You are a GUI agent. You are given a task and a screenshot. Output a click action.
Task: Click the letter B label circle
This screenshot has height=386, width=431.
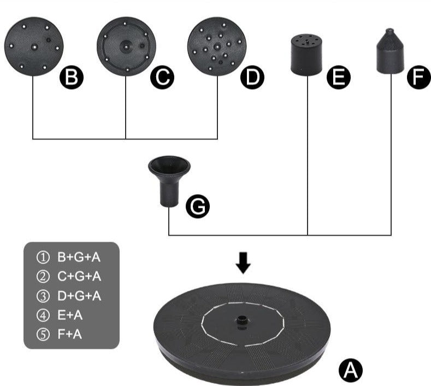coord(72,77)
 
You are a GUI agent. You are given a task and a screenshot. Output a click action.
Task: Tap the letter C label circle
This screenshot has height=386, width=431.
coord(162,77)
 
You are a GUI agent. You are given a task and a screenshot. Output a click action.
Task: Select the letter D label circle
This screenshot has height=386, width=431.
coord(252,77)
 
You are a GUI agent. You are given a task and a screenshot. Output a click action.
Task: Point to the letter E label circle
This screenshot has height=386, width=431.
coord(339,77)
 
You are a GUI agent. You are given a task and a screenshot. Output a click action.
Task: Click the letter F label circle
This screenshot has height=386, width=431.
coord(419,77)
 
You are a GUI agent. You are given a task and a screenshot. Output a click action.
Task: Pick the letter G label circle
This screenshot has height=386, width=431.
coord(198,206)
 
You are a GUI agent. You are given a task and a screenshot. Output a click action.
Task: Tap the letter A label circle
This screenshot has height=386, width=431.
coord(351,370)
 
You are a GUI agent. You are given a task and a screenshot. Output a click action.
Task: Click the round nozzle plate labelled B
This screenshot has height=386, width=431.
coord(34,46)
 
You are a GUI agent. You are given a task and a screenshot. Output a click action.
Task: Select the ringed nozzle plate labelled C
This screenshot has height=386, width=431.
coord(126,46)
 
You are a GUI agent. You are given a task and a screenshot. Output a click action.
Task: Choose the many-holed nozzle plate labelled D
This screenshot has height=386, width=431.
coord(217,46)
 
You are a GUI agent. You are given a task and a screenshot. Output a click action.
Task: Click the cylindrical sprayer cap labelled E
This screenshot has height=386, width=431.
coord(306,55)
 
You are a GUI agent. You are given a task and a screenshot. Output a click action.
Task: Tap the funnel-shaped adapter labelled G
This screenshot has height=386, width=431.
coord(169,182)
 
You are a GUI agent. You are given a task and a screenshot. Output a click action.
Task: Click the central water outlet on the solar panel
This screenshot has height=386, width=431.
coord(241,321)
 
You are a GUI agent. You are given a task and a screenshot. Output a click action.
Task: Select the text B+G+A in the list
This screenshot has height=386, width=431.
coord(79,257)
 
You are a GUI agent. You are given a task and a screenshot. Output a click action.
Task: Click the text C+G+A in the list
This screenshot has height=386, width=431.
coord(79,276)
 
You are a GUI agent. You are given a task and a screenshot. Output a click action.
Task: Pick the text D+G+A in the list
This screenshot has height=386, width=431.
coord(79,296)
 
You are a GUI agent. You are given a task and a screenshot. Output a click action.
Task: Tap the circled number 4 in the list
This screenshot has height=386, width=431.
coord(43,315)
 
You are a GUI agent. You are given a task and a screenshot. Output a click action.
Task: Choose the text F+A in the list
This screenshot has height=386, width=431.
coord(70,334)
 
